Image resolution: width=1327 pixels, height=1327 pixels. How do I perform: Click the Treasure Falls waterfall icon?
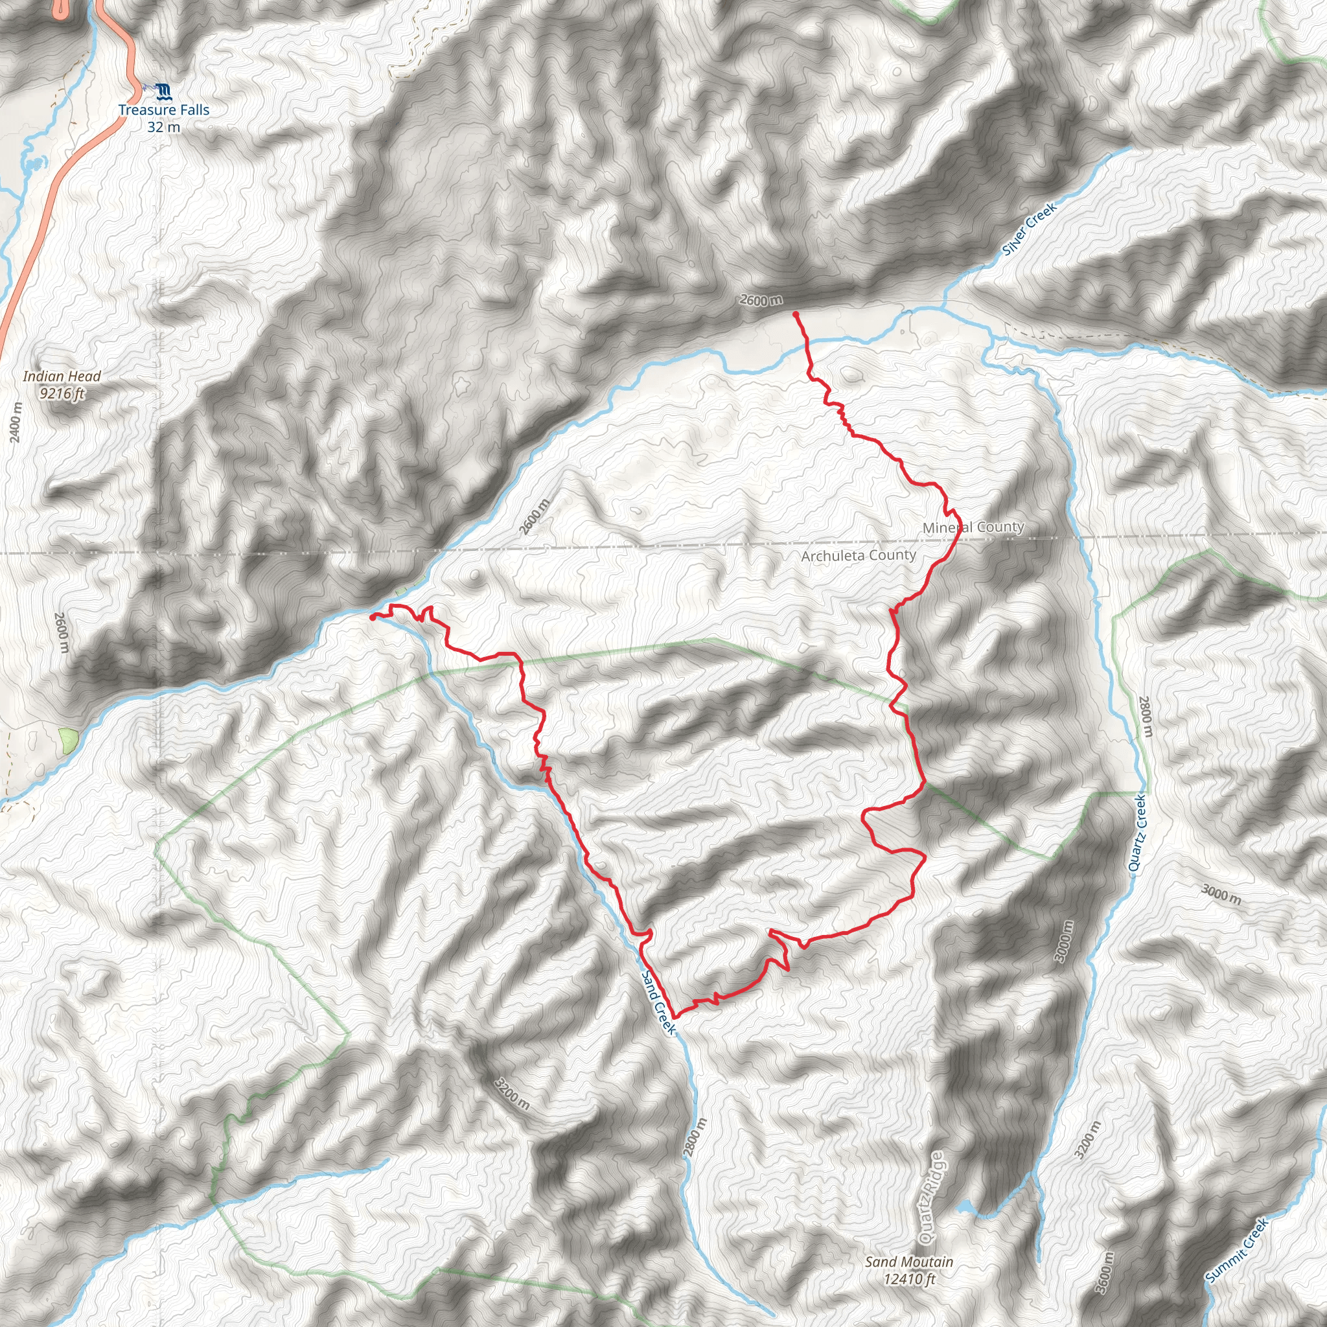point(163,91)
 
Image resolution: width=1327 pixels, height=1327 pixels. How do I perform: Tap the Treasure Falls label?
point(163,110)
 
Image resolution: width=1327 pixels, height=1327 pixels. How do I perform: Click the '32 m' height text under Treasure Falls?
point(163,127)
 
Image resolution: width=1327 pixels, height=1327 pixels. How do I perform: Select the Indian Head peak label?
point(62,376)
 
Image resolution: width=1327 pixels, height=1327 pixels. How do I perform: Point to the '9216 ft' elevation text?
point(62,393)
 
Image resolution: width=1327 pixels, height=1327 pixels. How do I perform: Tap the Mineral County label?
point(973,527)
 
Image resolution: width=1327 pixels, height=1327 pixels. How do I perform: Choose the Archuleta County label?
point(859,555)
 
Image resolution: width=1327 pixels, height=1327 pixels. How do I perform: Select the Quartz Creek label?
point(1138,833)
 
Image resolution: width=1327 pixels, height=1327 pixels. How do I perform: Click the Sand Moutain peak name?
point(908,1262)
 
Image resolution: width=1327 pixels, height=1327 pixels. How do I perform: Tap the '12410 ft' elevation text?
point(908,1279)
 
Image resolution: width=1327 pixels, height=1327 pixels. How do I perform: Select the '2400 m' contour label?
point(16,422)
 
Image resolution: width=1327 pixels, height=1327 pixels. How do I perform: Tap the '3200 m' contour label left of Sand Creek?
point(513,1094)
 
